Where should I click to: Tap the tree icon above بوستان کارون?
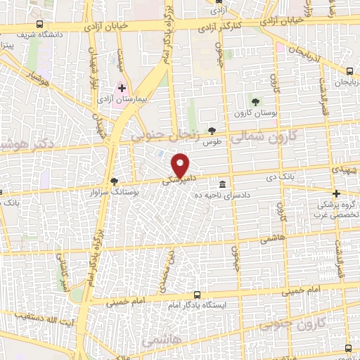255,102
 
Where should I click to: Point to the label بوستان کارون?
255,112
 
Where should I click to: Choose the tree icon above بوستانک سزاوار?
115,181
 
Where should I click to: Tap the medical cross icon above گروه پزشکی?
337,193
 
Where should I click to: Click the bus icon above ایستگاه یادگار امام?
196,295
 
